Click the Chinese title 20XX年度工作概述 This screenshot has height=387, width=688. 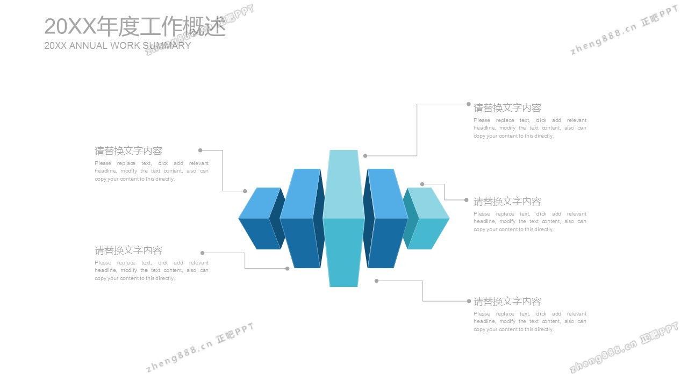[x=134, y=26]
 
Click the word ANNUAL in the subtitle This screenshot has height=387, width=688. [x=88, y=46]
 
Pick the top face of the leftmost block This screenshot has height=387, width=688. [x=260, y=203]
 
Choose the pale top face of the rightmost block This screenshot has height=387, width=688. [x=427, y=203]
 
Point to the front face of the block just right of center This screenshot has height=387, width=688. [x=385, y=242]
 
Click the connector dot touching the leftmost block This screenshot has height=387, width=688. [x=245, y=191]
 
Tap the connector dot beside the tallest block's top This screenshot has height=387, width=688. [x=365, y=156]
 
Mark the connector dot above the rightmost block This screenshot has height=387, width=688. [x=422, y=184]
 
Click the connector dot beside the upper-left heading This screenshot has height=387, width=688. [x=200, y=150]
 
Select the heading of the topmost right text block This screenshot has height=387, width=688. [x=507, y=108]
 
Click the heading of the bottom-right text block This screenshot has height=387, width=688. [x=507, y=302]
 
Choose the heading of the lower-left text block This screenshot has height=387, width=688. [x=128, y=250]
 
